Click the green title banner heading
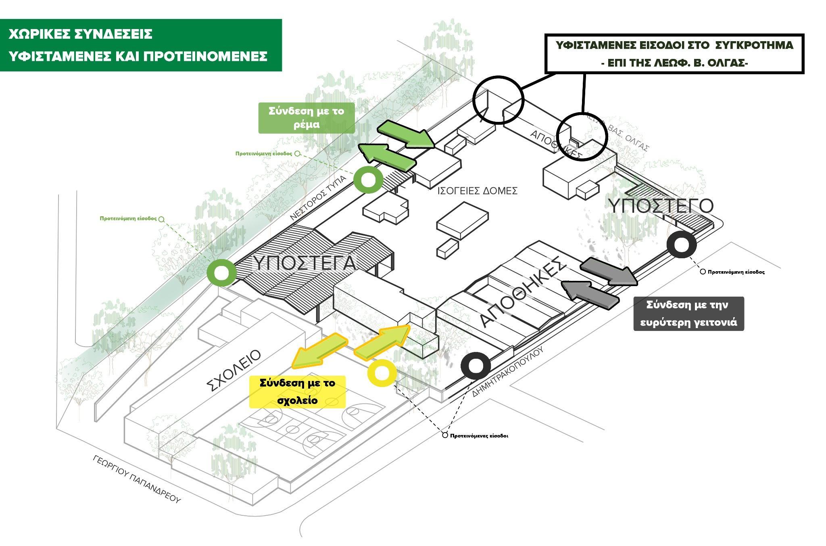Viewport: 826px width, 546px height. point(140,45)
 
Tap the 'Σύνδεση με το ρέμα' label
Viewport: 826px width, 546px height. point(307,117)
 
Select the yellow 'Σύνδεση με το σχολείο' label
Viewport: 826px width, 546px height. point(298,391)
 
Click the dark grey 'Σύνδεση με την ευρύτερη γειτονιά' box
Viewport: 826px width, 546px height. point(688,314)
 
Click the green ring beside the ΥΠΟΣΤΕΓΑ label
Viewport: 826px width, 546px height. point(221,273)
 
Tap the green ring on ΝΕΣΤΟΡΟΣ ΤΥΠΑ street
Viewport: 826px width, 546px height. point(368,180)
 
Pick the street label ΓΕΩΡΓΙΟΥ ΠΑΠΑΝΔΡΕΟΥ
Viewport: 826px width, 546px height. point(137,479)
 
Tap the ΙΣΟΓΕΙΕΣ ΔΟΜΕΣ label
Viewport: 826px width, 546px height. point(477,191)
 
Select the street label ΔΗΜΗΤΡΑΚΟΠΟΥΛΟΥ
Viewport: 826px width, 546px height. point(508,371)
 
